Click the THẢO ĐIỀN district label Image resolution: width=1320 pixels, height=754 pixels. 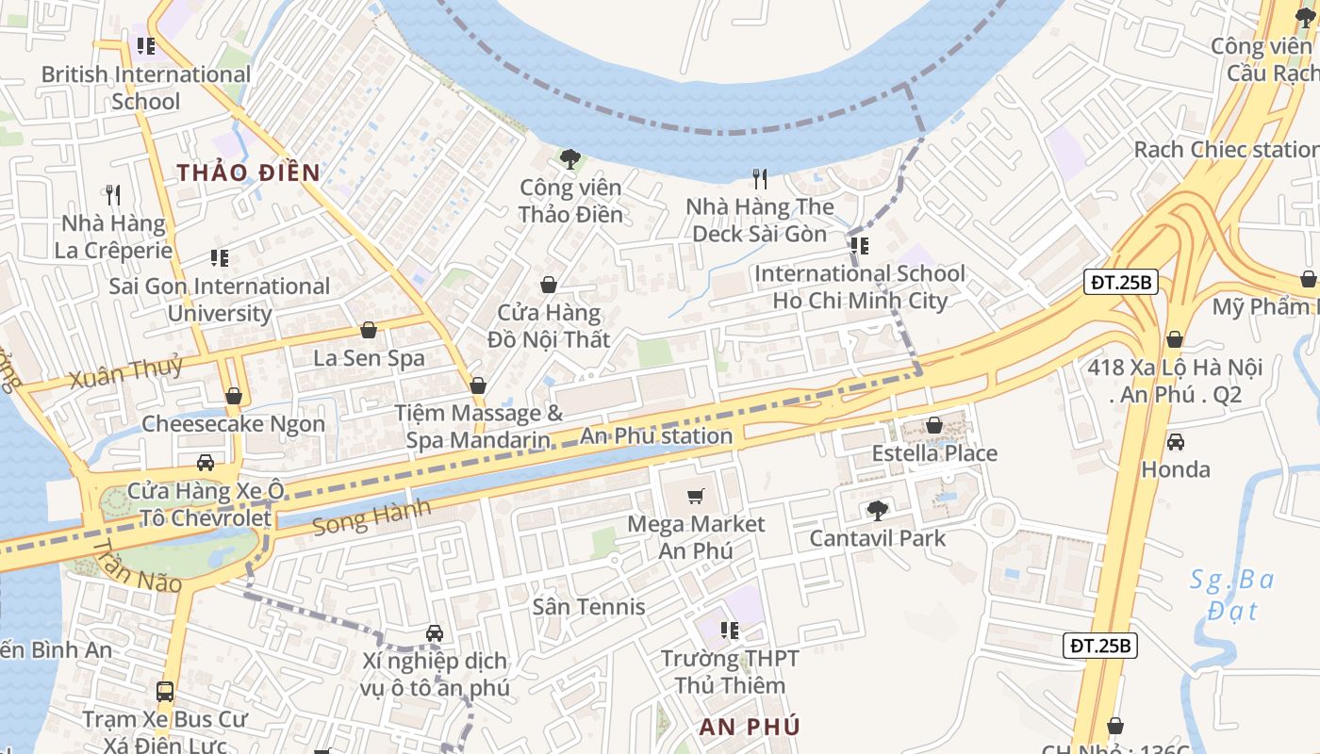click(x=248, y=172)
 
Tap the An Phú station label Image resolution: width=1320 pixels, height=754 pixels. click(x=656, y=435)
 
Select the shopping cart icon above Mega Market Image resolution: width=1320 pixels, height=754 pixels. click(x=696, y=496)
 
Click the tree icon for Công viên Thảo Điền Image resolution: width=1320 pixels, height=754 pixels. click(x=569, y=158)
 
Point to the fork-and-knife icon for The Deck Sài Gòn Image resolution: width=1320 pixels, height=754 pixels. click(x=760, y=177)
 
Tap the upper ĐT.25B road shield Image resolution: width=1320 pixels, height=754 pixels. click(x=1120, y=282)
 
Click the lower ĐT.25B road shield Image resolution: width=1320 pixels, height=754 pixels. click(x=1101, y=646)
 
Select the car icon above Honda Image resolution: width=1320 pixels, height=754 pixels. click(x=1176, y=441)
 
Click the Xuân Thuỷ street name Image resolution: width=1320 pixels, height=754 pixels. click(x=126, y=371)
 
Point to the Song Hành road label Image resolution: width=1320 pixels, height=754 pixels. click(x=371, y=516)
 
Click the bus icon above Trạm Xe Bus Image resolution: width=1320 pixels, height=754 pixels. click(x=165, y=692)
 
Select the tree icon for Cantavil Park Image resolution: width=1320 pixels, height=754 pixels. click(x=877, y=510)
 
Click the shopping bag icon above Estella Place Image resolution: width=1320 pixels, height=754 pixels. click(x=933, y=425)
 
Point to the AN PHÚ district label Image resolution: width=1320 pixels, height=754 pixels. click(x=750, y=727)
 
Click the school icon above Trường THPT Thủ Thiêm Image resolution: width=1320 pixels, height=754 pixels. click(x=729, y=630)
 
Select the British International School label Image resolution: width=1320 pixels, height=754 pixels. click(x=146, y=87)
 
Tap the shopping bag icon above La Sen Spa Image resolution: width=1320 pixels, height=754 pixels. click(x=369, y=330)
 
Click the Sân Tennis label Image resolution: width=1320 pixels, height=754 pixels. click(x=588, y=606)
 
